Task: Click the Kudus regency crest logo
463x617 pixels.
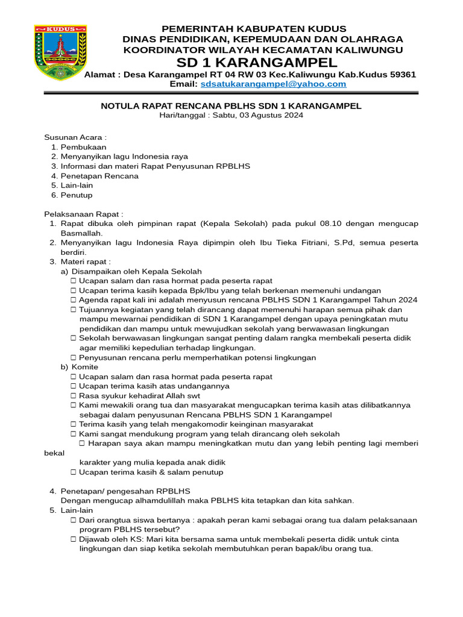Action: (60, 52)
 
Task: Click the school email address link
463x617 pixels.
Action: (274, 84)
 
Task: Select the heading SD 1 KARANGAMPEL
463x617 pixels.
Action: (257, 63)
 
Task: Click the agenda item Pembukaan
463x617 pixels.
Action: (84, 147)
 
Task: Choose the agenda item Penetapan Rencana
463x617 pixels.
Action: (99, 176)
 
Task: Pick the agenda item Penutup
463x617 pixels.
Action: (77, 195)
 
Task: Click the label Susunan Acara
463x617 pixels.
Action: (75, 137)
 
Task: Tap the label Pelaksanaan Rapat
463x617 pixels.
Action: (83, 214)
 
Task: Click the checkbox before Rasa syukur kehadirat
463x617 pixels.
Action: (73, 396)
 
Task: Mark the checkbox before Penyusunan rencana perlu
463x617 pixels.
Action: (73, 357)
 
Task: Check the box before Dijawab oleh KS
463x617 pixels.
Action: (73, 539)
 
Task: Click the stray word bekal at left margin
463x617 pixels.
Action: (54, 453)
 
